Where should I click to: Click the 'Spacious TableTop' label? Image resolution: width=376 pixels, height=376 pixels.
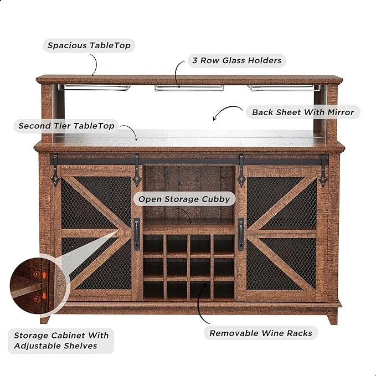pos(89,45)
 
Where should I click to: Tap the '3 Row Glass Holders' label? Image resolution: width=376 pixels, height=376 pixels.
pos(237,60)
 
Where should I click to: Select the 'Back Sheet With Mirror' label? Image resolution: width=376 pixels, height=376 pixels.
pos(303,112)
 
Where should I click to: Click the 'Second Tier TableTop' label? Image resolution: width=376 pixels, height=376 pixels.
pos(66,126)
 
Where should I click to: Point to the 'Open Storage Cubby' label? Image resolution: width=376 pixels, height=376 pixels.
pos(184,199)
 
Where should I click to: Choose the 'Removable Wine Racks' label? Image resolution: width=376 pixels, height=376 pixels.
pos(261,333)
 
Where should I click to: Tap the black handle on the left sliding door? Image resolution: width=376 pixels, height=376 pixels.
pos(137,234)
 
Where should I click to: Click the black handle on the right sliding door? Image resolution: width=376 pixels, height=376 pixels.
pos(241,234)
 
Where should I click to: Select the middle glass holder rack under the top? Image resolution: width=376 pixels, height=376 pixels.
pos(189,88)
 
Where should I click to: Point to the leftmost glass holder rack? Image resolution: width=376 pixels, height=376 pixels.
pos(94,87)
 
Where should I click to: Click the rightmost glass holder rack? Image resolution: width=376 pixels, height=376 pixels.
pos(285,88)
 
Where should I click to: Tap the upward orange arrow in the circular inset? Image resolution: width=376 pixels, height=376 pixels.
pos(44,274)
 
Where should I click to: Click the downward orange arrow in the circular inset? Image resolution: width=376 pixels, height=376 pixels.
pos(44,296)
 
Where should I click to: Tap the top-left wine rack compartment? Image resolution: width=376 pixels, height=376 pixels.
pos(153,243)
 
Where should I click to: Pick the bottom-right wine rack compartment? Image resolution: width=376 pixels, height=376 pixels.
pos(224,290)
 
